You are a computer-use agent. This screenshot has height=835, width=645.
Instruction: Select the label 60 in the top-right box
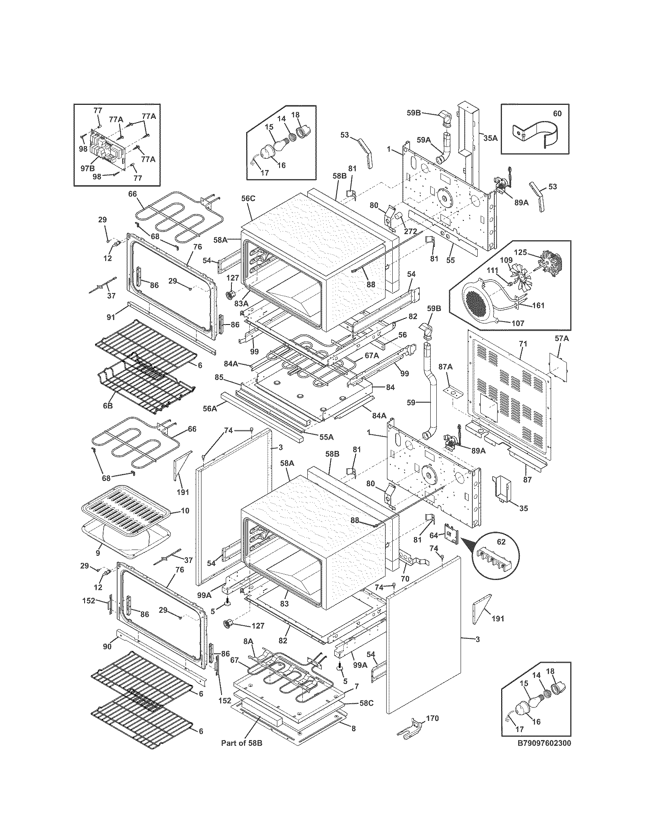coord(557,113)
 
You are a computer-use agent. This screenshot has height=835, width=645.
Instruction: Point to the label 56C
coord(248,198)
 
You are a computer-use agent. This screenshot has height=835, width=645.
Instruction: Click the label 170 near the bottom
coord(432,718)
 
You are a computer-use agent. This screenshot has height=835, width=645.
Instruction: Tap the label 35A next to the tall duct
coord(491,138)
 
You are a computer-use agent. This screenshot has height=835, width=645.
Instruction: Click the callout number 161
coord(537,305)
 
